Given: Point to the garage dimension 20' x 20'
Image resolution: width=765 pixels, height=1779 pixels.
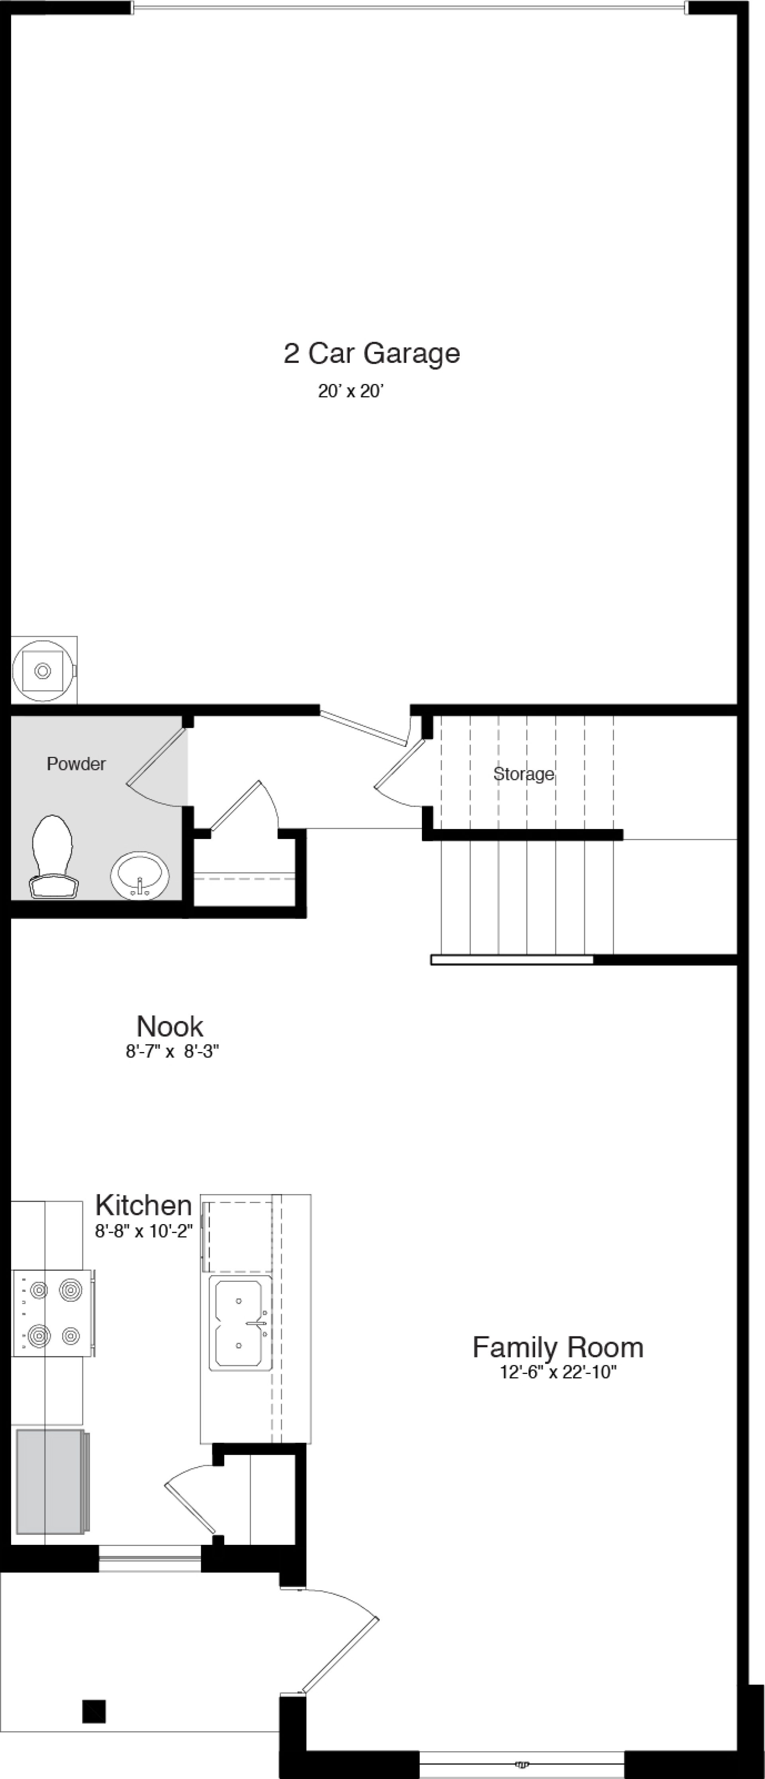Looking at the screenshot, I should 350,392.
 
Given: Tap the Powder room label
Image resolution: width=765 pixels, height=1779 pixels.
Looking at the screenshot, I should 76,764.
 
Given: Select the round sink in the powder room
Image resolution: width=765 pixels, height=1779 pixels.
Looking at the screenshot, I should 139,876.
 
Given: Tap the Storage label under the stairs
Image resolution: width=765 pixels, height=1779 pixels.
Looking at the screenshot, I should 523,774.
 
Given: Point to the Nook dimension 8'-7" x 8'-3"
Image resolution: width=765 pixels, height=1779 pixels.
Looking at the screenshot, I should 172,1052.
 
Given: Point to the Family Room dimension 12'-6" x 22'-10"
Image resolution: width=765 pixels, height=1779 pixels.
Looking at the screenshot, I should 558,1372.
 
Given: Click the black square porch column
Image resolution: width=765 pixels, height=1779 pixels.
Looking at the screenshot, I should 94,1711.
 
